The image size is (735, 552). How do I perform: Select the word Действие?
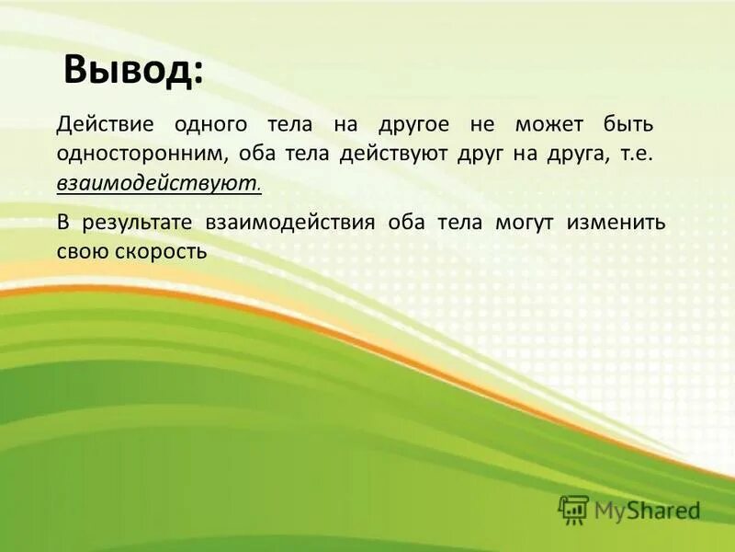(104, 124)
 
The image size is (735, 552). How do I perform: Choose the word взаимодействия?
(290, 224)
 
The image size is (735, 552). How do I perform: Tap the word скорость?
(162, 250)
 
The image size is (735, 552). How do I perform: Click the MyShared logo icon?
(573, 509)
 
